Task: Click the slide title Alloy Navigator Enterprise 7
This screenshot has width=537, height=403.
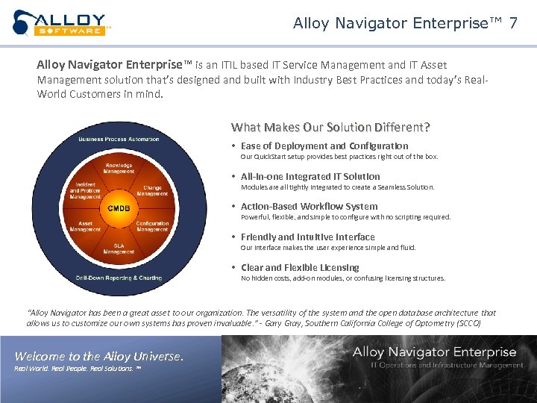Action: pos(405,23)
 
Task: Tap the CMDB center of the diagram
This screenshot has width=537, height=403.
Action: pos(119,207)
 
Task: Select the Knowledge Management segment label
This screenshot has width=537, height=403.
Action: pos(119,168)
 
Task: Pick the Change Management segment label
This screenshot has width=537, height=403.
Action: pos(152,190)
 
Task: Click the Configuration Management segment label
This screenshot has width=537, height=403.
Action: pos(152,226)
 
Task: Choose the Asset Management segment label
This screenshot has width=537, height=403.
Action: pos(86,226)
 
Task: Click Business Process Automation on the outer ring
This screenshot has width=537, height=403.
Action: pos(119,139)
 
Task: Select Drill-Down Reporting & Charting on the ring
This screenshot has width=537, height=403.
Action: pos(119,278)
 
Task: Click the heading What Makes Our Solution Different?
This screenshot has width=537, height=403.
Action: pos(330,127)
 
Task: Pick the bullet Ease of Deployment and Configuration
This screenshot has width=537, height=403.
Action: pos(324,146)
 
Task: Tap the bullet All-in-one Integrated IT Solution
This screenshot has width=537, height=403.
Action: pos(310,176)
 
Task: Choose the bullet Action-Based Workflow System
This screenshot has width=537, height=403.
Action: pos(309,206)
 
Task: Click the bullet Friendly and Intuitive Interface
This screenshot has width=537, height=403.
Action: pos(307,237)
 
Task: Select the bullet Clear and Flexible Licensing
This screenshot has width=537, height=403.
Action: pos(300,267)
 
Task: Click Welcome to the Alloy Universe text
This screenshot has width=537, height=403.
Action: pos(99,356)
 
